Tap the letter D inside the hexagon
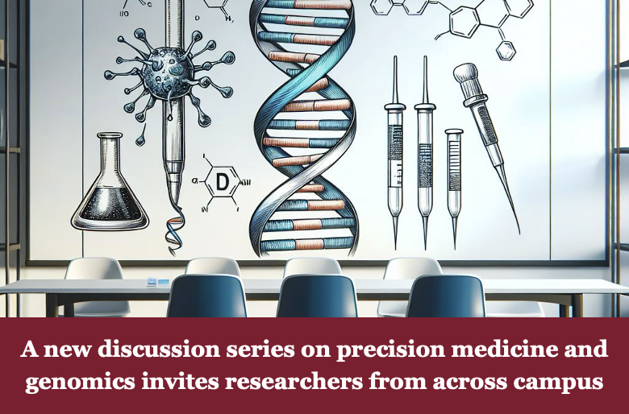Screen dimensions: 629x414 [x=222, y=181]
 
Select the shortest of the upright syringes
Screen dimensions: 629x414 [x=454, y=188]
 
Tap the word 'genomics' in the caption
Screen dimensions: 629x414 [x=80, y=382]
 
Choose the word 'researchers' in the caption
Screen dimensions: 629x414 [x=294, y=381]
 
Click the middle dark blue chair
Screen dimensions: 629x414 [x=317, y=296]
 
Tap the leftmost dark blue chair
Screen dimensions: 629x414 [x=206, y=296]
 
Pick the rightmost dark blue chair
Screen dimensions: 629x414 [x=445, y=296]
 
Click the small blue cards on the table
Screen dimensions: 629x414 [x=158, y=282]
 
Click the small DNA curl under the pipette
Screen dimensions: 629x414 [x=174, y=230]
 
